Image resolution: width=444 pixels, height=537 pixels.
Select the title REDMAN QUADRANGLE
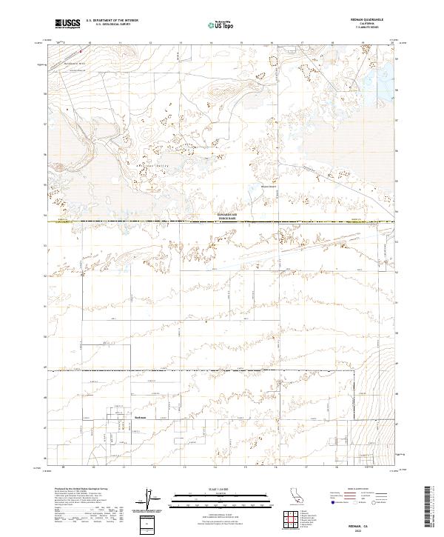[377, 19]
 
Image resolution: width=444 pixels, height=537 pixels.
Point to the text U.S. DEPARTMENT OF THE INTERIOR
[112, 21]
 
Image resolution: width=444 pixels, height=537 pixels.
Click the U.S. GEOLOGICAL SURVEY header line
[107, 24]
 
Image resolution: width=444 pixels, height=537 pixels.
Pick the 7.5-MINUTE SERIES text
[377, 27]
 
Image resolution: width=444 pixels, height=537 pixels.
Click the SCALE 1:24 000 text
[221, 490]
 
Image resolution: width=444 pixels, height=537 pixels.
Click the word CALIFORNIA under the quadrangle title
[377, 23]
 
